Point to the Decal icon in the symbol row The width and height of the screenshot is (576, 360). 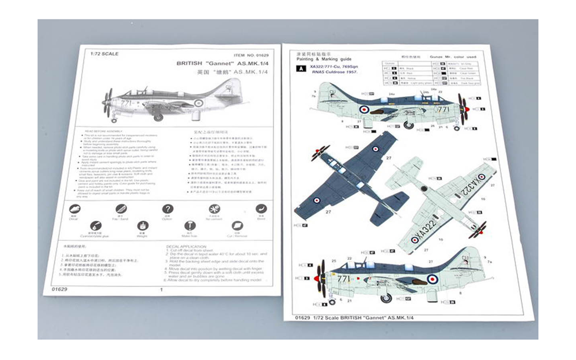pos(74,209)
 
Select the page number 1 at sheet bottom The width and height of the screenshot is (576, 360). pos(161,290)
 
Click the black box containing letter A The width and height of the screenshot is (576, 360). pos(300,69)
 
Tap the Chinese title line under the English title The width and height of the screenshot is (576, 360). pos(221,73)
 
